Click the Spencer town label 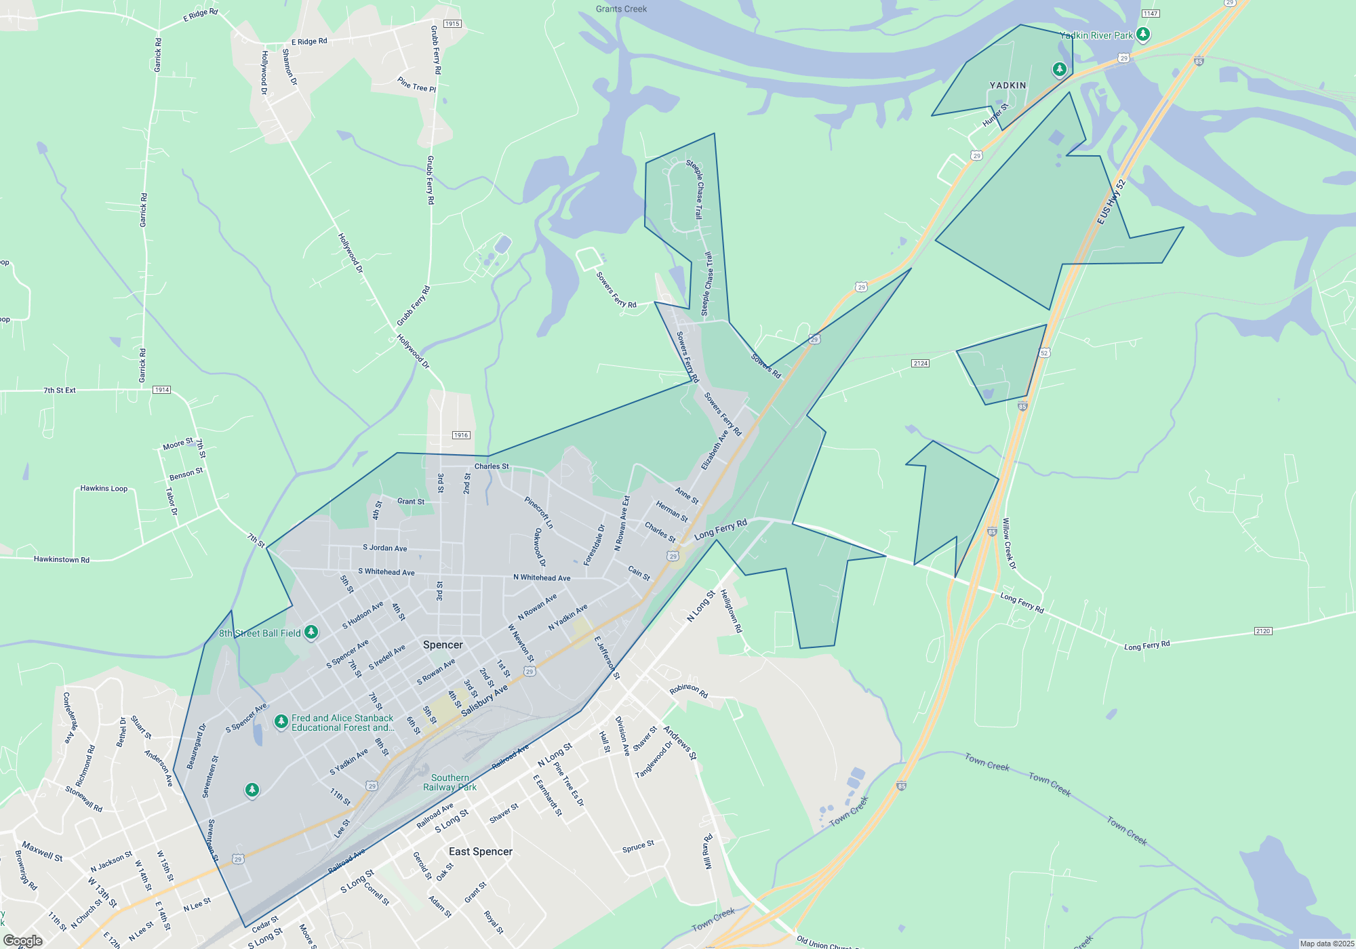pyautogui.click(x=443, y=645)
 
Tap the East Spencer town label pyautogui.click(x=481, y=851)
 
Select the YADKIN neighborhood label pyautogui.click(x=1008, y=85)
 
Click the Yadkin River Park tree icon pyautogui.click(x=1143, y=34)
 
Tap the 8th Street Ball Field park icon pyautogui.click(x=311, y=632)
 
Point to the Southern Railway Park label pyautogui.click(x=450, y=782)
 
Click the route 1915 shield pyautogui.click(x=452, y=24)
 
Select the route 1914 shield pyautogui.click(x=161, y=390)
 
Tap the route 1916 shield pyautogui.click(x=461, y=435)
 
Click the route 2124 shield pyautogui.click(x=920, y=363)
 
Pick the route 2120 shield pyautogui.click(x=1262, y=631)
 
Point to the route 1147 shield pyautogui.click(x=1151, y=14)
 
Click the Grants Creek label pyautogui.click(x=621, y=9)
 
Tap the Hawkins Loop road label pyautogui.click(x=104, y=488)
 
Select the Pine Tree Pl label pyautogui.click(x=416, y=85)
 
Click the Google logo pyautogui.click(x=23, y=941)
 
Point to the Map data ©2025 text pyautogui.click(x=1326, y=944)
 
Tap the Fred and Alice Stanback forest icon pyautogui.click(x=281, y=721)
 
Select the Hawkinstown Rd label pyautogui.click(x=62, y=559)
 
